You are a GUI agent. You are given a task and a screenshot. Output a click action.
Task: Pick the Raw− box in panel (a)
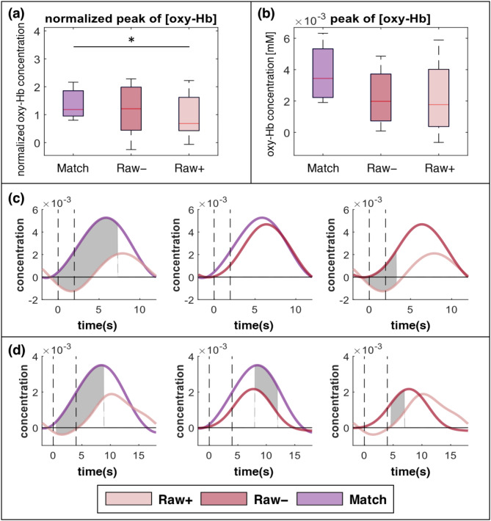(x=131, y=109)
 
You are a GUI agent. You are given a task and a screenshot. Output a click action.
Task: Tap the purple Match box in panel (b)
(x=323, y=73)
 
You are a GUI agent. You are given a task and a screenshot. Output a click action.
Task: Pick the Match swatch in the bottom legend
(x=320, y=499)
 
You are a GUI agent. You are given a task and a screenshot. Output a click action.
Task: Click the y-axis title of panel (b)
(x=272, y=88)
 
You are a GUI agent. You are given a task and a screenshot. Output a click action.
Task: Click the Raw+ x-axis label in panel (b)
(x=439, y=168)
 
